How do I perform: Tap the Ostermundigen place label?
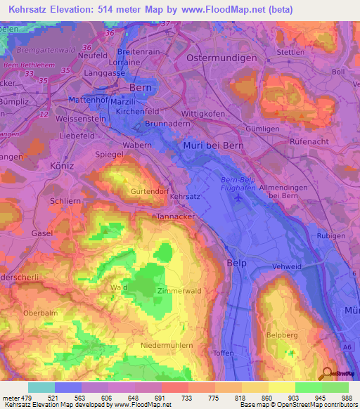tap(221, 58)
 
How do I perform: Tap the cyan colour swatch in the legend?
tap(41, 387)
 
